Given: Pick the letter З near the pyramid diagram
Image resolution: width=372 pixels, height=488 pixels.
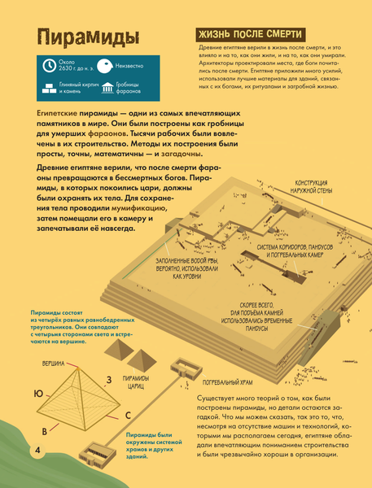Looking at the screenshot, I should (107, 380).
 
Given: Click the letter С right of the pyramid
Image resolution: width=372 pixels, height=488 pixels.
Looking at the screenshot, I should (128, 415).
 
